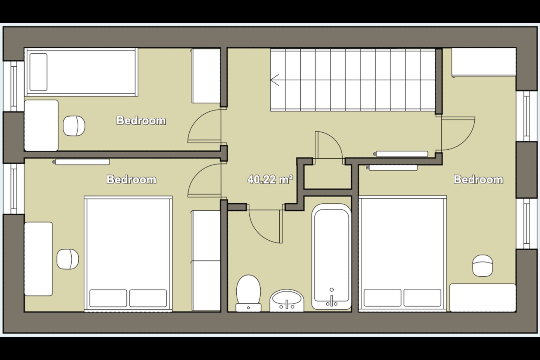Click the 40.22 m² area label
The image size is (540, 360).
[x=270, y=180]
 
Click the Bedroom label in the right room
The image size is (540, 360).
[x=478, y=179]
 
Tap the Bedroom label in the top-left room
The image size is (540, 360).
[x=141, y=120]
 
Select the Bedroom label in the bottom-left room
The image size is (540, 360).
[x=131, y=179]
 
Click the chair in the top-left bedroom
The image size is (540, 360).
[x=74, y=125]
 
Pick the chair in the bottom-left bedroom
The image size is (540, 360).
[x=67, y=259]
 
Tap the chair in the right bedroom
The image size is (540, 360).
[x=482, y=265]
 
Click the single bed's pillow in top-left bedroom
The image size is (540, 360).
[x=38, y=72]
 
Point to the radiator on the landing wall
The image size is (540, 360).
[x=402, y=154]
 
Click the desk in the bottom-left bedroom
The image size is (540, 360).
[x=38, y=259]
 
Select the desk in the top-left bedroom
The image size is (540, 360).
[x=41, y=125]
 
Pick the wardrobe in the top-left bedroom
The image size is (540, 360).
[x=205, y=75]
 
